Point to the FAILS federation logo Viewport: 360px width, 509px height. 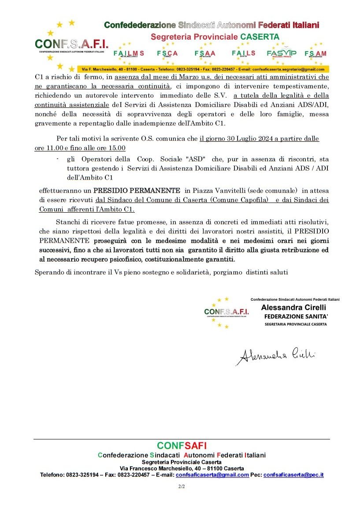(243, 53)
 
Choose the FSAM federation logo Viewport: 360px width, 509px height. (315, 54)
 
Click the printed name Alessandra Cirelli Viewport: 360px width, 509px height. (293, 307)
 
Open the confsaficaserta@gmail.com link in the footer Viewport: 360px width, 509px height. (212, 475)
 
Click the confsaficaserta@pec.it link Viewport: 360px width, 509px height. (293, 475)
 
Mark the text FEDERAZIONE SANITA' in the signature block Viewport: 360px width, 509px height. (296, 316)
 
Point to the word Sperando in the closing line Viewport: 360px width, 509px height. (49, 272)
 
